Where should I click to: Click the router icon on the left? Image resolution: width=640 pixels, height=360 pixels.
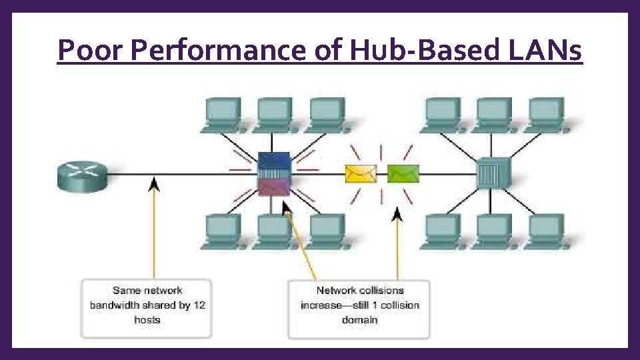(x=82, y=175)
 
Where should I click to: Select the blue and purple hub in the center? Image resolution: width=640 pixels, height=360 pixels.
(x=274, y=174)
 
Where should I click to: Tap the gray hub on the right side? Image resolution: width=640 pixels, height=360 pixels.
(x=494, y=174)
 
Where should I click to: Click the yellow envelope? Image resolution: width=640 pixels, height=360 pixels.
(x=360, y=173)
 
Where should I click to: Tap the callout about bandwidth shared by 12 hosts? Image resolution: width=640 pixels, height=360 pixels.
(x=147, y=305)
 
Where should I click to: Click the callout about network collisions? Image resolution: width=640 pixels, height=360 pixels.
(x=359, y=305)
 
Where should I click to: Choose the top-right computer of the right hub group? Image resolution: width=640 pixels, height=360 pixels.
(x=547, y=113)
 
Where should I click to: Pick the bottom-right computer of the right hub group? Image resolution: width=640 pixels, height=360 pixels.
(x=547, y=230)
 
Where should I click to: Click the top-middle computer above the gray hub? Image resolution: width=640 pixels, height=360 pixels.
(x=495, y=113)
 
